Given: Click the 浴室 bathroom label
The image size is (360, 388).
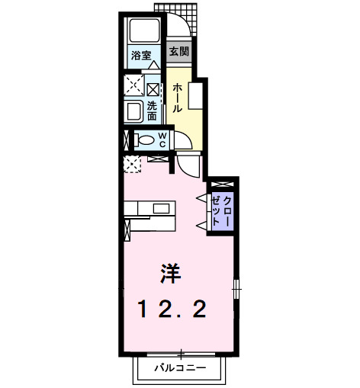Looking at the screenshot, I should point(140,56).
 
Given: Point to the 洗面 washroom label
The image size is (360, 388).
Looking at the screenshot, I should point(153,111).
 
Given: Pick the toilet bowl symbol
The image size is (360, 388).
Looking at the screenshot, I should point(144,139).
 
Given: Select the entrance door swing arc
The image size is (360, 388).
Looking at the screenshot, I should point(183,27).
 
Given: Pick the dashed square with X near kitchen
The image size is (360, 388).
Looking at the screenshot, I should point(131,162).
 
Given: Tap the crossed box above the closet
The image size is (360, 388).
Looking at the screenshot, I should point(223,184).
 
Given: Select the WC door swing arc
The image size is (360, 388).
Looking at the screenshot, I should point(183,142).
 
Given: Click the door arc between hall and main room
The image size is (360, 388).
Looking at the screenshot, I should point(190,165).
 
